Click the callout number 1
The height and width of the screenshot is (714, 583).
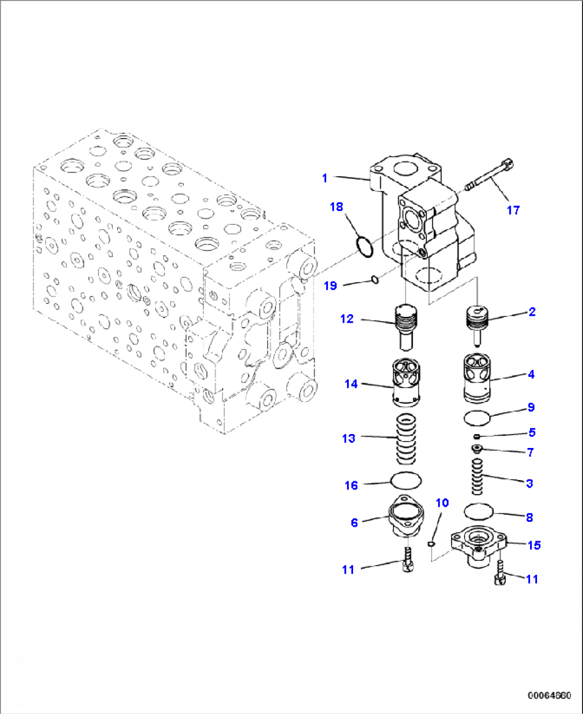(x=324, y=178)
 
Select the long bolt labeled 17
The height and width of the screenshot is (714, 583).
(x=489, y=176)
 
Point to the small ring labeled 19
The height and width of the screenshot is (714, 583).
(x=375, y=279)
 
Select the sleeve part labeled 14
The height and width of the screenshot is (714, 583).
(x=405, y=380)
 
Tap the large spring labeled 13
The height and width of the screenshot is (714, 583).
(x=405, y=439)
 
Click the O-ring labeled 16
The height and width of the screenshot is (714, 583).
(x=406, y=480)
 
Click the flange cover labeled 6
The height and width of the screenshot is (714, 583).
(x=406, y=516)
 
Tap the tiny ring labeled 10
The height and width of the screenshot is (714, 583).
(x=431, y=544)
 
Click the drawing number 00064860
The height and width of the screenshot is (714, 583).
(x=549, y=696)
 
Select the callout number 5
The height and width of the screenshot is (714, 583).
(x=532, y=432)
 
